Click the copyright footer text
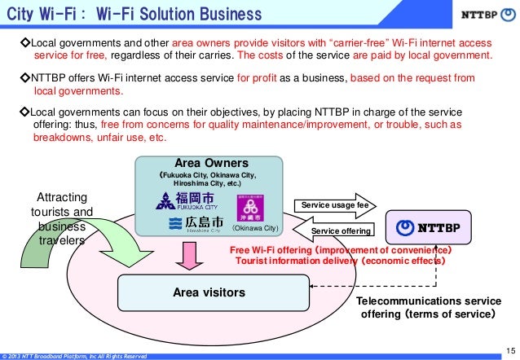pyautogui.click(x=73, y=356)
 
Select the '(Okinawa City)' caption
pyautogui.click(x=255, y=228)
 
